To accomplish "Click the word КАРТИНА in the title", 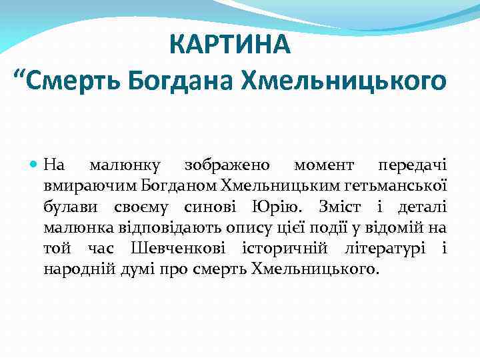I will [230, 45].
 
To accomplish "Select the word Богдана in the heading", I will [181, 81].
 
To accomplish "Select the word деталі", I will [420, 206].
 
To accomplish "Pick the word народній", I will [73, 270].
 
